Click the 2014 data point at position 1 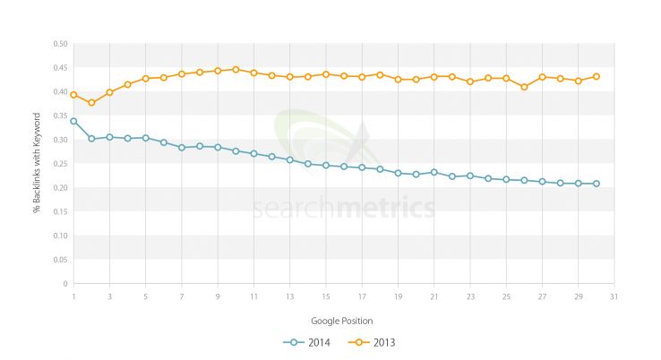click(x=73, y=121)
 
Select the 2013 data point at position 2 click(x=91, y=103)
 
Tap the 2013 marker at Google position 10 click(x=236, y=69)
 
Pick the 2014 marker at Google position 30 click(x=596, y=184)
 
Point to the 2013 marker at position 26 click(x=524, y=87)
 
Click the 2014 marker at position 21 click(x=434, y=172)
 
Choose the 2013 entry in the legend click(x=375, y=341)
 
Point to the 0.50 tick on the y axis click(x=60, y=43)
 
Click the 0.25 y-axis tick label click(x=60, y=163)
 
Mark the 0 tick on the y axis click(x=65, y=283)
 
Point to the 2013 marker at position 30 click(x=596, y=77)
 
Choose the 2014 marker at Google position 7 click(x=182, y=147)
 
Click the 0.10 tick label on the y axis click(x=60, y=236)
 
